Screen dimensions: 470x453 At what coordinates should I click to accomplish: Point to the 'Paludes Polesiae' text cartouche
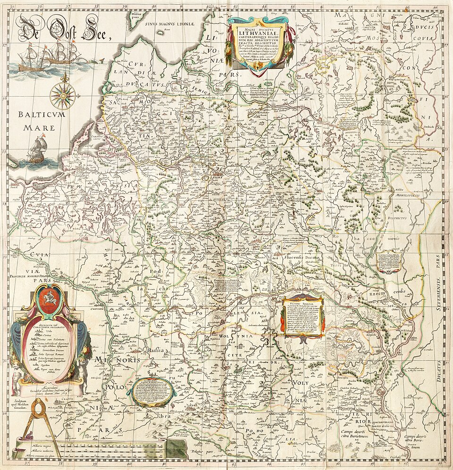(x=302, y=316)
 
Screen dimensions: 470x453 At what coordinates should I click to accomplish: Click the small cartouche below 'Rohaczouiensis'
(x=389, y=261)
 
